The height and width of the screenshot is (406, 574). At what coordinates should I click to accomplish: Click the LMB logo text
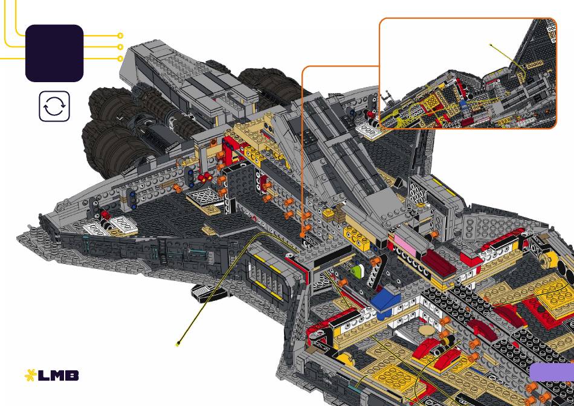[x=58, y=376]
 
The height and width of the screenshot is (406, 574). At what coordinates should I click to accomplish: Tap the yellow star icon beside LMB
[x=30, y=376]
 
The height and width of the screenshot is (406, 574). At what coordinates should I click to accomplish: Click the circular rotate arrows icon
[x=54, y=106]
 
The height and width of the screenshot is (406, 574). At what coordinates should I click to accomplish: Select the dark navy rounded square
[x=54, y=53]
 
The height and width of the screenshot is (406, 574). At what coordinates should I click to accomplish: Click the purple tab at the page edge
[x=552, y=372]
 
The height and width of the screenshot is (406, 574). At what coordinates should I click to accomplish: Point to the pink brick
[x=405, y=244]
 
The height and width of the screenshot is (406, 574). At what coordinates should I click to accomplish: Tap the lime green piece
[x=356, y=271]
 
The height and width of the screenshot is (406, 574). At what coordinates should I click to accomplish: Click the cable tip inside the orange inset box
[x=491, y=45]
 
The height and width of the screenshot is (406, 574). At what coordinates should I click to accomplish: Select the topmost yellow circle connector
[x=120, y=36]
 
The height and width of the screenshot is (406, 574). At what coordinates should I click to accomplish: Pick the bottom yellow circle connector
[x=120, y=59]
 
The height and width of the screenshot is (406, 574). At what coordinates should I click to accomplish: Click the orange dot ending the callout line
[x=303, y=234]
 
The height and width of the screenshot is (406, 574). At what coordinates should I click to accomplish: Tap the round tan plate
[x=426, y=330]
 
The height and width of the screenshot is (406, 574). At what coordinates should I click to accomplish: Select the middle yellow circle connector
[x=120, y=47]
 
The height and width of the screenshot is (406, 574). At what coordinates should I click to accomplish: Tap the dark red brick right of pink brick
[x=439, y=262]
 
